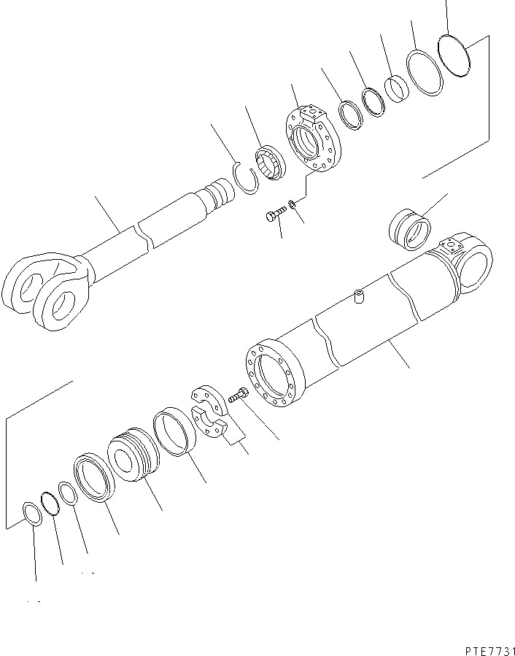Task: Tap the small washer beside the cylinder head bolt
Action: pos(293,204)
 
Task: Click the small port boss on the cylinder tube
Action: pos(357,297)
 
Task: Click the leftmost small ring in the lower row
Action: pos(32,514)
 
